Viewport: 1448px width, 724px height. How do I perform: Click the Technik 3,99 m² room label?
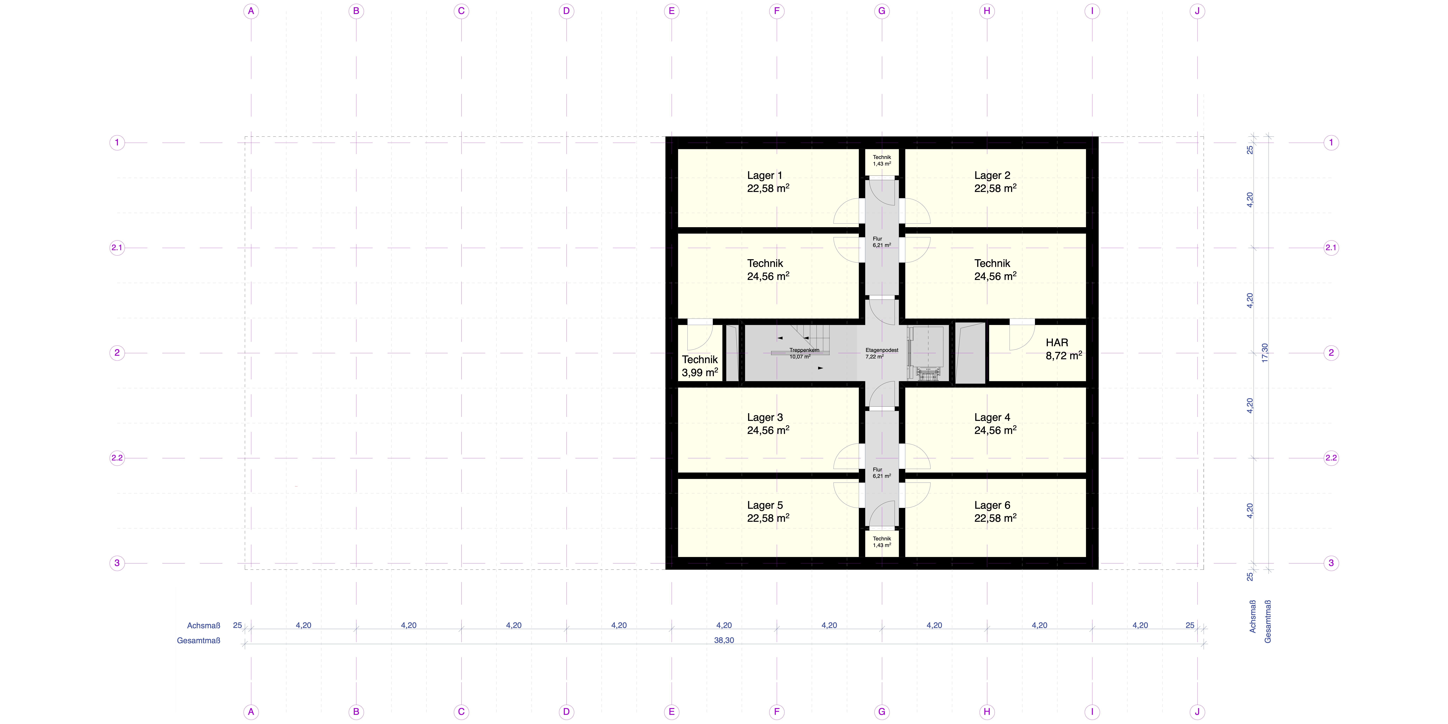tap(700, 366)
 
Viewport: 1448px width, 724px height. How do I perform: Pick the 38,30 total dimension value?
tap(724, 640)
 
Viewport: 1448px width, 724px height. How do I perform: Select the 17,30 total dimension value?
tap(1265, 353)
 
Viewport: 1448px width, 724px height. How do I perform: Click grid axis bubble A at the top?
tap(251, 11)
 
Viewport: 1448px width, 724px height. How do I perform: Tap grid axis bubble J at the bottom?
tap(1197, 712)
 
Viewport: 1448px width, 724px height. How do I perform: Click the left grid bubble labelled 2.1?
tap(117, 247)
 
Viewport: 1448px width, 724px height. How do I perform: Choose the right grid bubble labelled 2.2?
tap(1331, 458)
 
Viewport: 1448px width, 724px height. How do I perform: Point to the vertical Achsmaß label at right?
tap(1252, 617)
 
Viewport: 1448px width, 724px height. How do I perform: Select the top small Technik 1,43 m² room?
tap(882, 161)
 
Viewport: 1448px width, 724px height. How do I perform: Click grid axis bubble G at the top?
tap(882, 11)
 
